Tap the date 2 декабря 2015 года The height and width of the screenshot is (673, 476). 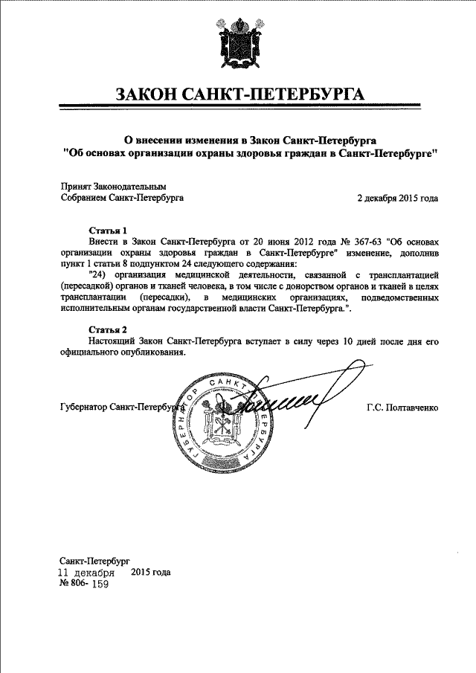pos(397,199)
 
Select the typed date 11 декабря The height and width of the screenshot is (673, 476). pos(87,573)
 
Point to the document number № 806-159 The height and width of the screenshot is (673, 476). pos(83,585)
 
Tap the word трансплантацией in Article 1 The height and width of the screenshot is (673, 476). pos(400,274)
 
